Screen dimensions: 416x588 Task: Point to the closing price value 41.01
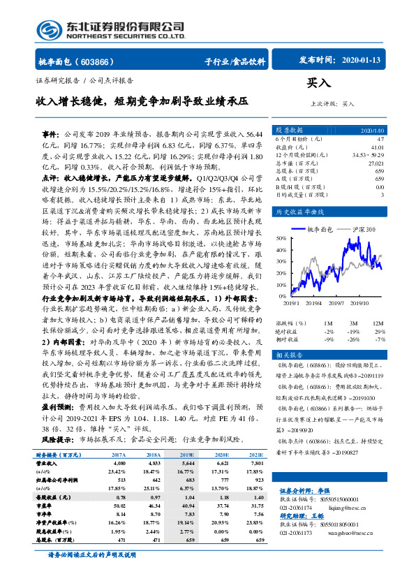pos(378,147)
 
